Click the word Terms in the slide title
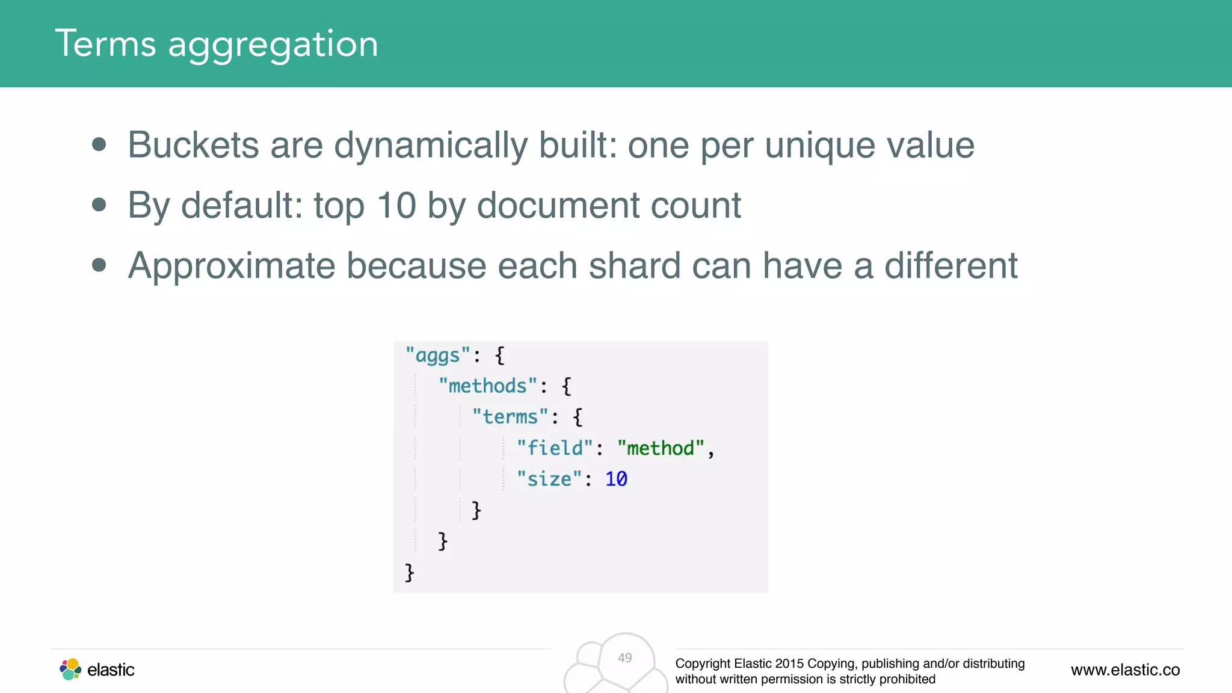click(x=106, y=43)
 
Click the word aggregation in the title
click(x=273, y=46)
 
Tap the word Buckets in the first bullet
click(x=193, y=145)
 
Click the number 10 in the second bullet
click(x=396, y=205)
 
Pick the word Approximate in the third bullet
click(x=232, y=266)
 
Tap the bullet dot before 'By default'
click(x=99, y=205)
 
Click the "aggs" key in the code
click(x=437, y=356)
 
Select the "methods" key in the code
click(x=487, y=386)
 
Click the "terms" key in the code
click(x=510, y=417)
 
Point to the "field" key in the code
click(x=555, y=448)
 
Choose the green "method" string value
click(x=661, y=448)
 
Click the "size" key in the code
click(x=549, y=479)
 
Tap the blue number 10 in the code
click(x=616, y=479)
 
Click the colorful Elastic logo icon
click(x=70, y=669)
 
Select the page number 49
click(x=625, y=658)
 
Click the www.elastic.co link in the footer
click(x=1125, y=670)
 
